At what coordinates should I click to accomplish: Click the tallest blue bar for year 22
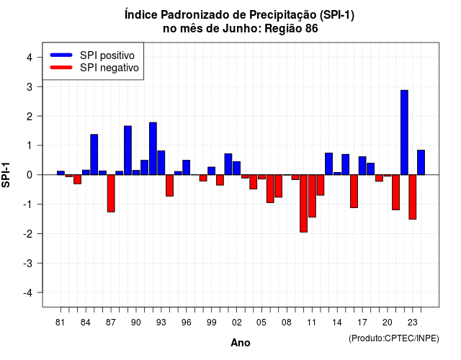click(404, 132)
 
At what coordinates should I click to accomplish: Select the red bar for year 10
click(304, 203)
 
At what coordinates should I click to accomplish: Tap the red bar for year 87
click(111, 194)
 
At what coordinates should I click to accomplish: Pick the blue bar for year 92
click(153, 149)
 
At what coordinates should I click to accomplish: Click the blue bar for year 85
click(94, 155)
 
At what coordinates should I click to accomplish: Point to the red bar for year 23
click(413, 197)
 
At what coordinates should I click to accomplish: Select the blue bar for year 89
click(127, 150)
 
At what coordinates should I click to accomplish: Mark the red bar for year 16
click(354, 192)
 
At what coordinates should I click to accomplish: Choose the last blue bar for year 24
click(421, 163)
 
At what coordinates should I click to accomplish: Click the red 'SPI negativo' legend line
click(61, 68)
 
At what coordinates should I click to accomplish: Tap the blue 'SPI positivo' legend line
click(61, 55)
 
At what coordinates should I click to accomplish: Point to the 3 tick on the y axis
click(40, 86)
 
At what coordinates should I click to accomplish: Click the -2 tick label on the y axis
click(28, 233)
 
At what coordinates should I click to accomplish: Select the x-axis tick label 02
click(236, 323)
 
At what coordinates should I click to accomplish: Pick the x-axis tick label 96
click(186, 323)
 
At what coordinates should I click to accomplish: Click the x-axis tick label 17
click(362, 323)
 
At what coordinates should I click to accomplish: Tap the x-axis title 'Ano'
click(241, 343)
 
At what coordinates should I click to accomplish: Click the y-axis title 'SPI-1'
click(6, 175)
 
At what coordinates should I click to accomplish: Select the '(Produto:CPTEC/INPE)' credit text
click(394, 338)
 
